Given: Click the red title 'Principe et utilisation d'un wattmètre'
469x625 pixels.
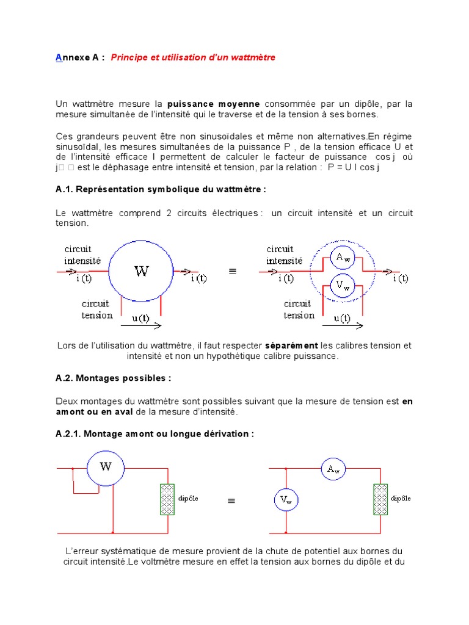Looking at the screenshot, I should click(x=193, y=57).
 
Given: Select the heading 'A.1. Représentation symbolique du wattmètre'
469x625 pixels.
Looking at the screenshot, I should click(x=161, y=189).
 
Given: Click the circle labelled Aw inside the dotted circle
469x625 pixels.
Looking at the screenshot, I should click(x=343, y=257).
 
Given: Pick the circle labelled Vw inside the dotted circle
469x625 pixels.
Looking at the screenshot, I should click(x=343, y=286).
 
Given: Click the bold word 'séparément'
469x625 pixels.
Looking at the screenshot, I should click(x=291, y=345).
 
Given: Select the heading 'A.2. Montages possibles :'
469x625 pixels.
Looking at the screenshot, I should click(x=113, y=378).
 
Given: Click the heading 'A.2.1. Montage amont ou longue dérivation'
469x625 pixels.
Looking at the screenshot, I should click(x=155, y=434).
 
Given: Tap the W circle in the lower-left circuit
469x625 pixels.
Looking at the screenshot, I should click(x=106, y=467).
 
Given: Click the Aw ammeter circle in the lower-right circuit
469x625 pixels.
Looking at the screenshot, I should click(x=333, y=469).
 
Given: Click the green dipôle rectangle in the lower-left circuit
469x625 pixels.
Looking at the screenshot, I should click(x=167, y=499).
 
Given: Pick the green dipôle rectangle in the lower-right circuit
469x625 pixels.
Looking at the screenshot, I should click(x=380, y=499).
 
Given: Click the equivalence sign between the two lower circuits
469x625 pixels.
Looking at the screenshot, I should click(x=231, y=500).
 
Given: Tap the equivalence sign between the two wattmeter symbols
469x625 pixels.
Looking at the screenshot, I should click(x=232, y=272).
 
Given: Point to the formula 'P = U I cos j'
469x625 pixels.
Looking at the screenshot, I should click(x=354, y=167).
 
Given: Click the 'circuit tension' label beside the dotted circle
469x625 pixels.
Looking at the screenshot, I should click(x=299, y=309).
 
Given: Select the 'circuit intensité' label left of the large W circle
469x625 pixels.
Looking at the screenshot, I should click(x=83, y=255).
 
